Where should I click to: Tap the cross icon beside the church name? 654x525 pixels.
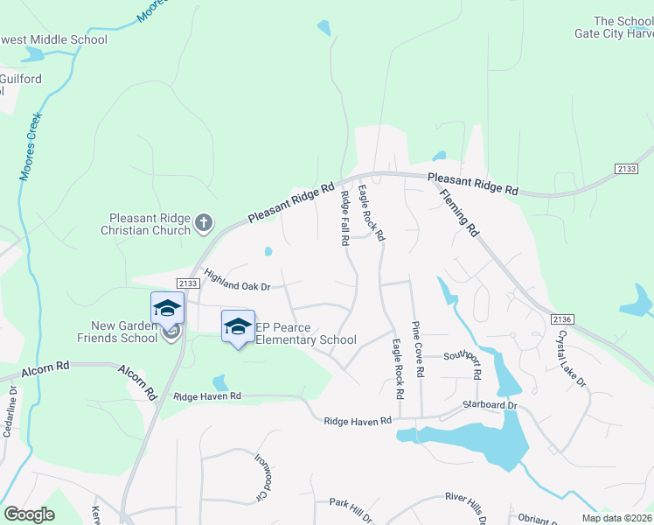coord(204,223)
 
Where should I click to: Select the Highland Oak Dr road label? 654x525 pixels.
coord(238,281)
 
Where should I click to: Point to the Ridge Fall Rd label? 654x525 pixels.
coord(345,217)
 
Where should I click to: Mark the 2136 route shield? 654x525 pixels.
coord(563,322)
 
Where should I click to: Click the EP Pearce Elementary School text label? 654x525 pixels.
coord(305,333)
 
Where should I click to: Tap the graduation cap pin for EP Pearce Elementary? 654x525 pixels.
coord(238,326)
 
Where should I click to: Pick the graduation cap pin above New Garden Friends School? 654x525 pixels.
coord(167,308)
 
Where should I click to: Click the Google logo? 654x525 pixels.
coord(30,514)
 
